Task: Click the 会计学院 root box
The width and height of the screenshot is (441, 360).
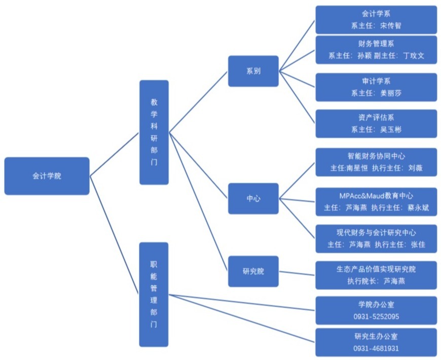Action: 47,176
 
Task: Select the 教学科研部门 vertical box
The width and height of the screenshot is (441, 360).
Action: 154,132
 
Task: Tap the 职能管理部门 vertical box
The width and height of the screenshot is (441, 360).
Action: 154,294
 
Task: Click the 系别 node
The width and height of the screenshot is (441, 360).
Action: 253,71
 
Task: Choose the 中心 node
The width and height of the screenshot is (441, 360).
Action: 253,199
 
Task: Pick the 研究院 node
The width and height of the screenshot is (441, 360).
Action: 253,271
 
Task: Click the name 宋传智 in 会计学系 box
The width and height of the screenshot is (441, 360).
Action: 390,25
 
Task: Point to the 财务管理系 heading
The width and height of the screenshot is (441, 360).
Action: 376,44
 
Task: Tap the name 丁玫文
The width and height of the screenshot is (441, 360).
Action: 414,56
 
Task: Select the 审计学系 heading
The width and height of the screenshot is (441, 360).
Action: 376,81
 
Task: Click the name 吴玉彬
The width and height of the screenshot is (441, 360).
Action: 390,129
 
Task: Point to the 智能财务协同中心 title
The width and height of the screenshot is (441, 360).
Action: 376,156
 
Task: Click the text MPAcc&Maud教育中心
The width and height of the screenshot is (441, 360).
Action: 376,195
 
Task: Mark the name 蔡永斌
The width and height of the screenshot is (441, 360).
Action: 418,207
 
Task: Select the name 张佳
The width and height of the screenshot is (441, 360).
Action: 418,244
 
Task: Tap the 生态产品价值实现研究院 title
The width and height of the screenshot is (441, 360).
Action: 376,269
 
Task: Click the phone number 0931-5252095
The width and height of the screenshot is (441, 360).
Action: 376,316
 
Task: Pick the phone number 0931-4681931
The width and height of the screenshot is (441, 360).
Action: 376,348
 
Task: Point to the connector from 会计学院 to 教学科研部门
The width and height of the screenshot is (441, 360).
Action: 114,154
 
